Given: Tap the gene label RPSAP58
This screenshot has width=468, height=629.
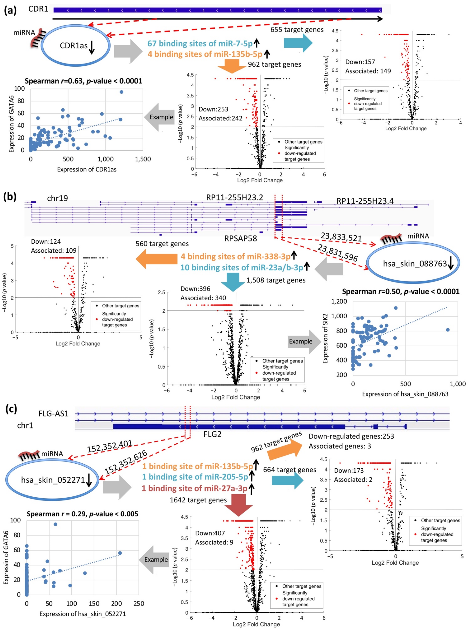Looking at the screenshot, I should click(241, 239).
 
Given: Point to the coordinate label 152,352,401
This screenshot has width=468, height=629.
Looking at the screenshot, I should click(110, 447).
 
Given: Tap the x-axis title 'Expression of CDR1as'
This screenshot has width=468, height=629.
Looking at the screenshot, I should click(87, 169).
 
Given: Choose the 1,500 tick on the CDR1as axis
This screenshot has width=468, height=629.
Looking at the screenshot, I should click(143, 159).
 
